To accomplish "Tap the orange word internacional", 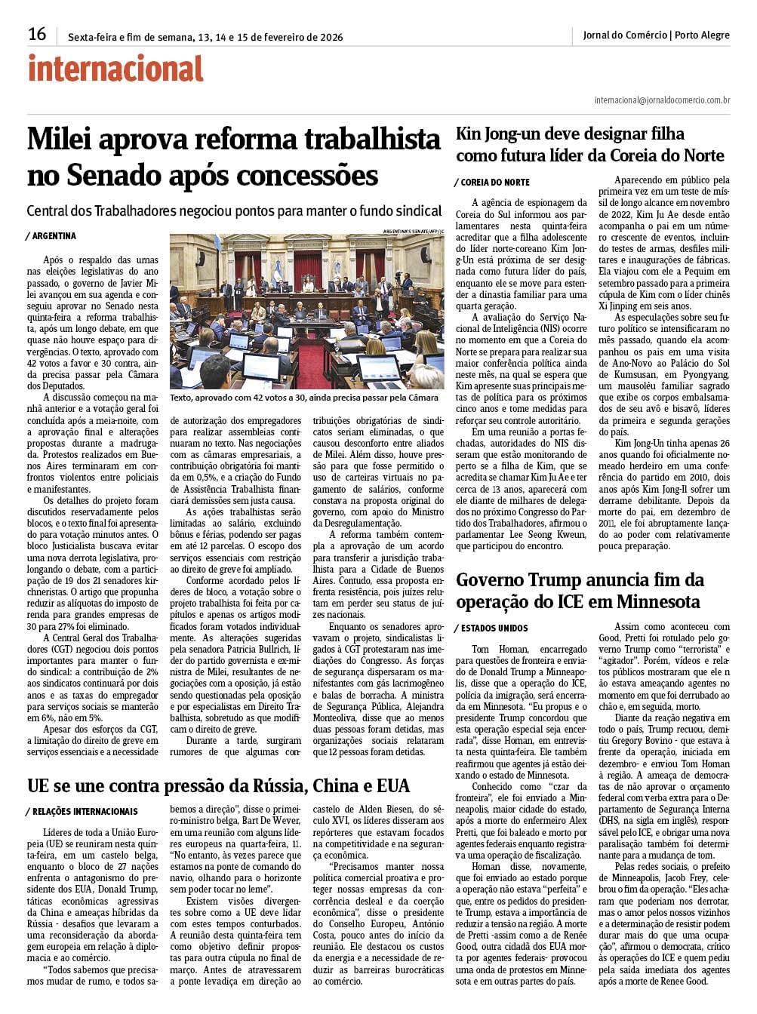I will click(115, 69).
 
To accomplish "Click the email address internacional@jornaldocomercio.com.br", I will click(662, 100).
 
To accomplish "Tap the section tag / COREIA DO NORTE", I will click(493, 183).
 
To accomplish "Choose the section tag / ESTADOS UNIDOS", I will click(491, 628).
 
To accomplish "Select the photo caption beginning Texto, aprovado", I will click(304, 398).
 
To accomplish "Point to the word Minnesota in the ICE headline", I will click(658, 602).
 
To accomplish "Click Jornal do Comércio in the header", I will click(625, 35).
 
